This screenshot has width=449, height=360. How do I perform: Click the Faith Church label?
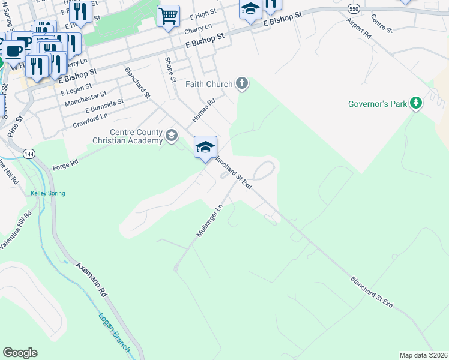(208, 84)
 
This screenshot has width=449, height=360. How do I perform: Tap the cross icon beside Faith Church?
(241, 83)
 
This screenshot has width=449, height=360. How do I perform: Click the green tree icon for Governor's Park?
(415, 104)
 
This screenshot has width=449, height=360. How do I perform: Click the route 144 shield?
(28, 154)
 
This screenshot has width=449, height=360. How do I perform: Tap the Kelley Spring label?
(47, 193)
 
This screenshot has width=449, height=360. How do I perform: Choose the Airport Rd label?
(358, 28)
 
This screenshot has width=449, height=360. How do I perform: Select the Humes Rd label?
(203, 111)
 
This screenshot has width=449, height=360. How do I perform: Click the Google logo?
(20, 353)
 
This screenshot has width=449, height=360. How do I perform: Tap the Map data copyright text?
(423, 355)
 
